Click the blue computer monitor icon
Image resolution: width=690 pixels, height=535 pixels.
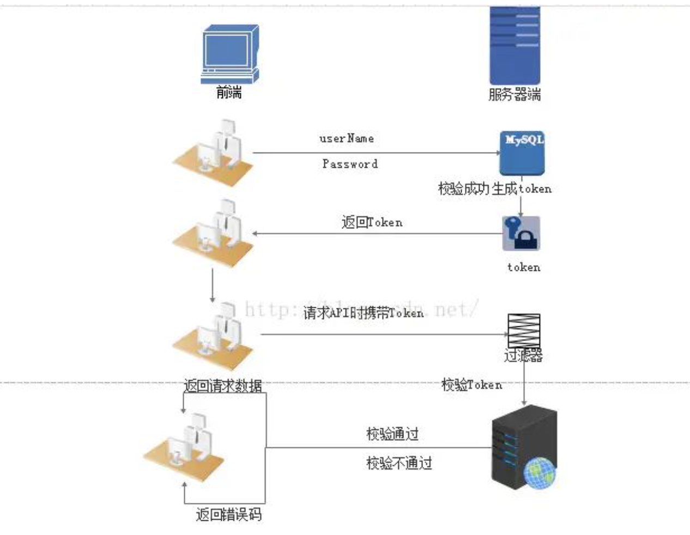[229, 53]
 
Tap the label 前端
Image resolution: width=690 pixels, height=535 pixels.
[229, 93]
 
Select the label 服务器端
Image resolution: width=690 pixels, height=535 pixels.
[514, 95]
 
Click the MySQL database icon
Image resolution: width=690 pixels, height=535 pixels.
[522, 153]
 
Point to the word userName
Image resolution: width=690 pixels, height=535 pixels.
[347, 138]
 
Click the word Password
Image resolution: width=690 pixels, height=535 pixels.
[350, 164]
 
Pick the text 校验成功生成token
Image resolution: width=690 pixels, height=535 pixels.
[494, 189]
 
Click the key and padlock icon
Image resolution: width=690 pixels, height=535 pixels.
[521, 233]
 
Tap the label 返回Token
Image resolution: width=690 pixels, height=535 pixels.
[372, 222]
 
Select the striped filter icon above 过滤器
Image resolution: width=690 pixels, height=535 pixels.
[524, 330]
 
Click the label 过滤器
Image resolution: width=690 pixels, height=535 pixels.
[523, 356]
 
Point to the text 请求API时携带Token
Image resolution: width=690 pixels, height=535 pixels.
[363, 313]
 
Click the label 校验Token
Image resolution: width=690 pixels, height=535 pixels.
[471, 385]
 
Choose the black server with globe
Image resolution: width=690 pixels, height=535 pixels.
[523, 447]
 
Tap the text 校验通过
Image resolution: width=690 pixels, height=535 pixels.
[392, 434]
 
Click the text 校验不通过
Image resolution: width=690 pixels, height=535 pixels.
[399, 463]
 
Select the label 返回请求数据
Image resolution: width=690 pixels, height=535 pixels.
[223, 386]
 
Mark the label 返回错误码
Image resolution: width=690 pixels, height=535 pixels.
[228, 514]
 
